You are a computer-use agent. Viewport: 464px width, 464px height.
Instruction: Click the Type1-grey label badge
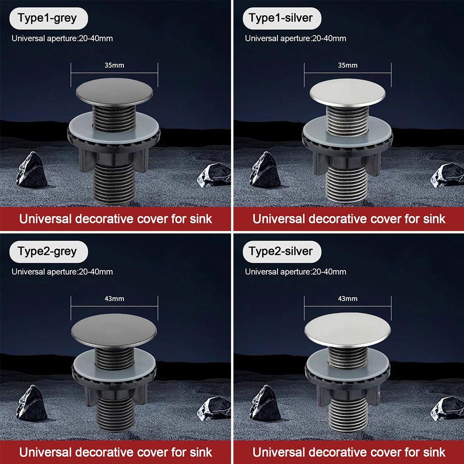tap(47, 18)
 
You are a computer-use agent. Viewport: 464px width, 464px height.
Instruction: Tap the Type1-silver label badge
tap(281, 18)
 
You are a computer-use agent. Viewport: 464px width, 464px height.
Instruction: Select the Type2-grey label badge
tap(47, 251)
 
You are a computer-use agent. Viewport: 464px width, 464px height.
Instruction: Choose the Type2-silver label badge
tap(281, 251)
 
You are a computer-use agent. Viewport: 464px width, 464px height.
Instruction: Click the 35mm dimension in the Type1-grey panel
tap(114, 65)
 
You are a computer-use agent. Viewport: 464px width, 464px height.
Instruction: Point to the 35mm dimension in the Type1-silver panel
tap(348, 65)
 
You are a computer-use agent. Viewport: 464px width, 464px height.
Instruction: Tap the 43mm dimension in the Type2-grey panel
tap(114, 299)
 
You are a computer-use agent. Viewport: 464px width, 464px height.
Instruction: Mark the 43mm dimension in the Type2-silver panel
tap(348, 299)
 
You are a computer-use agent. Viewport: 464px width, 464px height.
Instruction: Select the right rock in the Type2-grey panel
tap(214, 407)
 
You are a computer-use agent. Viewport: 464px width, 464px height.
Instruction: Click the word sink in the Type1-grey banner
tap(200, 219)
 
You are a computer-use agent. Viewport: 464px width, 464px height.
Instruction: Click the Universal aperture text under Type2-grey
tap(62, 271)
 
